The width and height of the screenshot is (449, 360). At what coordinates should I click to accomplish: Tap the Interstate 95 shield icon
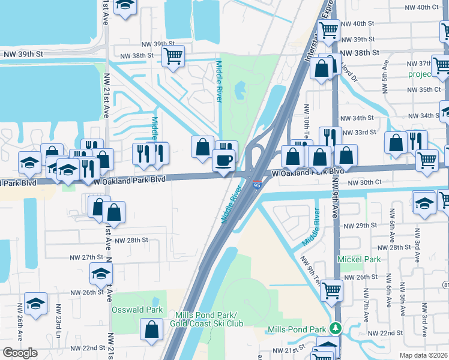257,185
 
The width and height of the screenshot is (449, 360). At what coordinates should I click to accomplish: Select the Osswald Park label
137,310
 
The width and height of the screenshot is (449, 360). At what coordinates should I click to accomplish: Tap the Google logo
20,353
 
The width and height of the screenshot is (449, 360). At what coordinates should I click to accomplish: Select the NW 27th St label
86,257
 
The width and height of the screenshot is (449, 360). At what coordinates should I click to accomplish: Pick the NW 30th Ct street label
364,182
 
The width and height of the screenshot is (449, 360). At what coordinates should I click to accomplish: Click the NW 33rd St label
359,132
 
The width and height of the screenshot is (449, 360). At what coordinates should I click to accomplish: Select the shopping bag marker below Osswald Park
151,329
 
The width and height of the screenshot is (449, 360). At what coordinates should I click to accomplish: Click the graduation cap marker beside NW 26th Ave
35,304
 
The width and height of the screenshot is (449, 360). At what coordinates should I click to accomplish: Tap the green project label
420,74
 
